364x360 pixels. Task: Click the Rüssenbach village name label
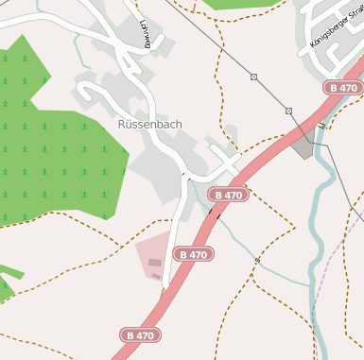point(149,124)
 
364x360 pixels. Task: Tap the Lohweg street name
point(145,32)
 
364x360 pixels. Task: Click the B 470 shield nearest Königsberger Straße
point(343,87)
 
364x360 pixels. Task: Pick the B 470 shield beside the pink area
point(192,254)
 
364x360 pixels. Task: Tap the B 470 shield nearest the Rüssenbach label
point(229,195)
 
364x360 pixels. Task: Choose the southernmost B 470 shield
point(139,334)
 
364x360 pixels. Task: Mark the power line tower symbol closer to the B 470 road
point(288,111)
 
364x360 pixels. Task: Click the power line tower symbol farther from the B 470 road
point(253,76)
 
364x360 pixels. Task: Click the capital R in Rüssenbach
point(123,124)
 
